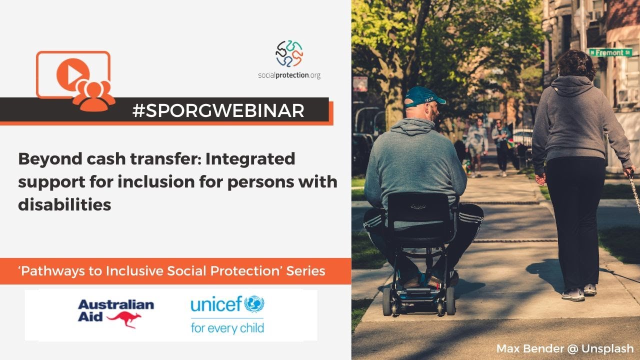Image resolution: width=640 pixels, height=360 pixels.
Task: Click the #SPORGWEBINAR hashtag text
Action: pyautogui.click(x=218, y=110)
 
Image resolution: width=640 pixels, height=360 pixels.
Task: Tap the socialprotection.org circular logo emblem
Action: pyautogui.click(x=289, y=53)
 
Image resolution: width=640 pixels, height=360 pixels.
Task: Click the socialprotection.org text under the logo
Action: pyautogui.click(x=289, y=75)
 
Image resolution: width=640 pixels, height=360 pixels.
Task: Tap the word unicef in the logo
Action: pyautogui.click(x=216, y=304)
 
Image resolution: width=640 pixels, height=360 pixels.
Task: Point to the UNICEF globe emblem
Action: pyautogui.click(x=254, y=303)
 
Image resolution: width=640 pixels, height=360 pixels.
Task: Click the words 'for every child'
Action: pyautogui.click(x=227, y=328)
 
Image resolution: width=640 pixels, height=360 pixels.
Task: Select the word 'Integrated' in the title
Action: pyautogui.click(x=250, y=159)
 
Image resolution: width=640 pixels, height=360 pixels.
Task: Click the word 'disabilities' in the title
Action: pyautogui.click(x=64, y=204)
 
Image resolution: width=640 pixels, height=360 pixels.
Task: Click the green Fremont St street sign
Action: pyautogui.click(x=609, y=52)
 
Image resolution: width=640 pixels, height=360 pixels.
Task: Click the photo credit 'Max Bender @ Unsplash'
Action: pyautogui.click(x=565, y=348)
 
